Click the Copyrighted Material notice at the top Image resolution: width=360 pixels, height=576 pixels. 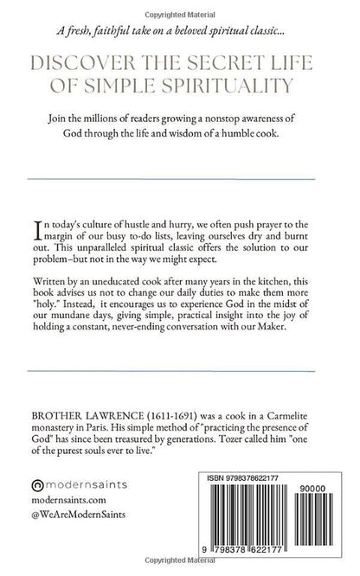coord(179,6)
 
